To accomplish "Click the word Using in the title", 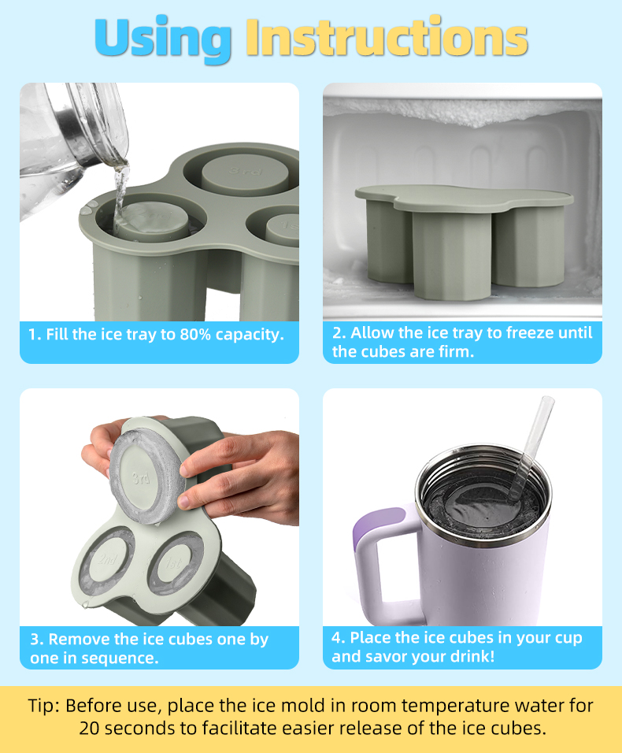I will tap(163, 37).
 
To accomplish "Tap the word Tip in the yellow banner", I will tap(45, 705).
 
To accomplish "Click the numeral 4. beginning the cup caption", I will tap(339, 637).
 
